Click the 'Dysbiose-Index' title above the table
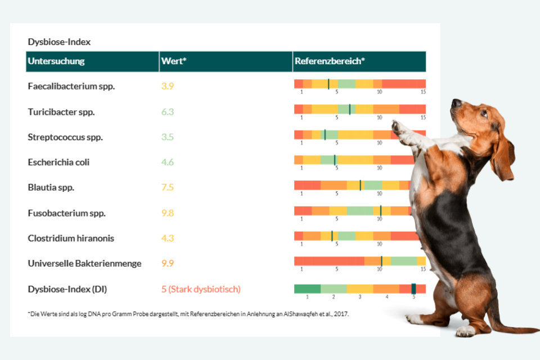pyautogui.click(x=59, y=42)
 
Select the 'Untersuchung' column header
pyautogui.click(x=56, y=61)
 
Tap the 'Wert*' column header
pyautogui.click(x=173, y=61)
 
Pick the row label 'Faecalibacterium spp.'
pyautogui.click(x=71, y=87)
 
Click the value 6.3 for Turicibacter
pyautogui.click(x=168, y=112)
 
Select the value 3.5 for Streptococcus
pyautogui.click(x=168, y=137)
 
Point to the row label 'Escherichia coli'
pyautogui.click(x=58, y=163)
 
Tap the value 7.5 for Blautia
pyautogui.click(x=168, y=188)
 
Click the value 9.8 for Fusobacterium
pyautogui.click(x=168, y=213)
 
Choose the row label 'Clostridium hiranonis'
pyautogui.click(x=71, y=238)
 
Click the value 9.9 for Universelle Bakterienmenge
pyautogui.click(x=168, y=264)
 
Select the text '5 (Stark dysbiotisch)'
pyautogui.click(x=201, y=289)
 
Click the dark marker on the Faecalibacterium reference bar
pyautogui.click(x=328, y=84)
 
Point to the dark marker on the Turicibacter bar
pyautogui.click(x=350, y=109)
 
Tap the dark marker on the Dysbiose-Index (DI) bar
pyautogui.click(x=413, y=289)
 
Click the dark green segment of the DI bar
pyautogui.click(x=307, y=289)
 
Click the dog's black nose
pyautogui.click(x=454, y=103)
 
